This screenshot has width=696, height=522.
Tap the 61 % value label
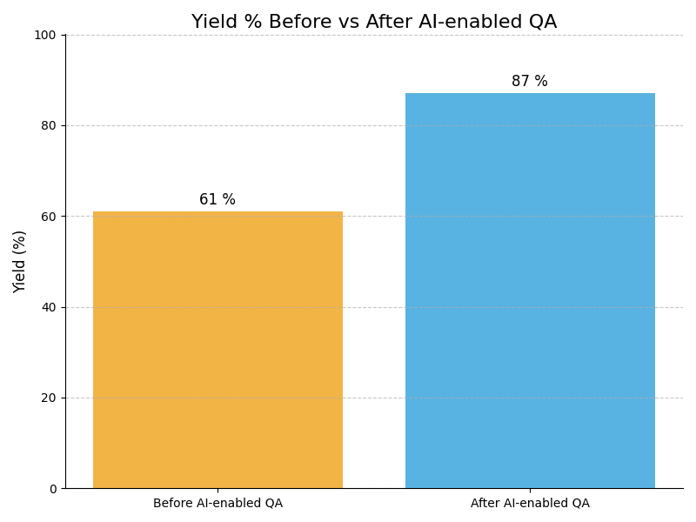[x=217, y=200]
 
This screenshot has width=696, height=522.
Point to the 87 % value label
[x=530, y=82]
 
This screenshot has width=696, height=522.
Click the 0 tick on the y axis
[x=52, y=489]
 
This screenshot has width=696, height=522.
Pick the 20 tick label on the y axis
[x=50, y=398]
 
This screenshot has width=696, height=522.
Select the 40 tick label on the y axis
[x=50, y=307]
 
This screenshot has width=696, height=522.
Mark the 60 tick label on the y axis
[x=50, y=217]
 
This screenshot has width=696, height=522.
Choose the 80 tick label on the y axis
[x=50, y=125]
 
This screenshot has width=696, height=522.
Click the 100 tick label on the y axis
[x=46, y=35]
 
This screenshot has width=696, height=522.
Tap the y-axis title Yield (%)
[x=20, y=261]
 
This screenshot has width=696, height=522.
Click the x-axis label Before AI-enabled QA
[x=217, y=504]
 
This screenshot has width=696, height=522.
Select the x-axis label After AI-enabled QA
[x=530, y=504]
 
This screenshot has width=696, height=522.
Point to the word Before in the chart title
[x=298, y=23]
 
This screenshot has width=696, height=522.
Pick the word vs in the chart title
[x=348, y=23]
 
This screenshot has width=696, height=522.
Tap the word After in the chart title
[x=388, y=23]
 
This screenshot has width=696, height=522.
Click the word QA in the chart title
[x=542, y=23]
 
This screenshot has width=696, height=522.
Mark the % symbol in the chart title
[x=251, y=23]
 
